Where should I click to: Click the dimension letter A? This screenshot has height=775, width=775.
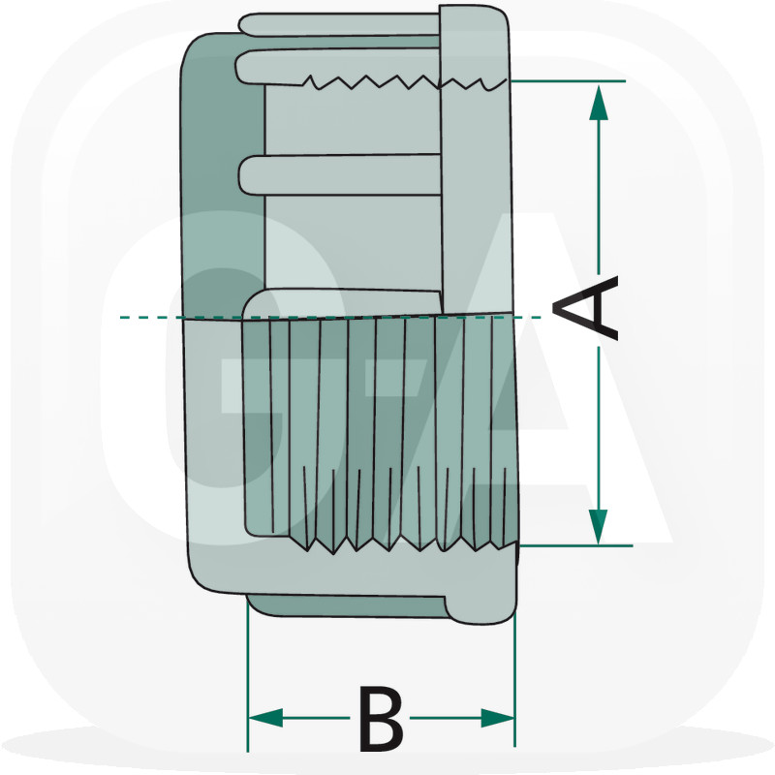coord(586,308)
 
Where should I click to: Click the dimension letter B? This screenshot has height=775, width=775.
coord(380,718)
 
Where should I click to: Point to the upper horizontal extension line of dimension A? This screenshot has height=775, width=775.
coord(572,80)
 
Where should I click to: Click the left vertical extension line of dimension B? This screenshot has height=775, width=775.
coord(248,678)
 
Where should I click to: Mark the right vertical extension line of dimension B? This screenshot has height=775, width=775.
coord(513,678)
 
